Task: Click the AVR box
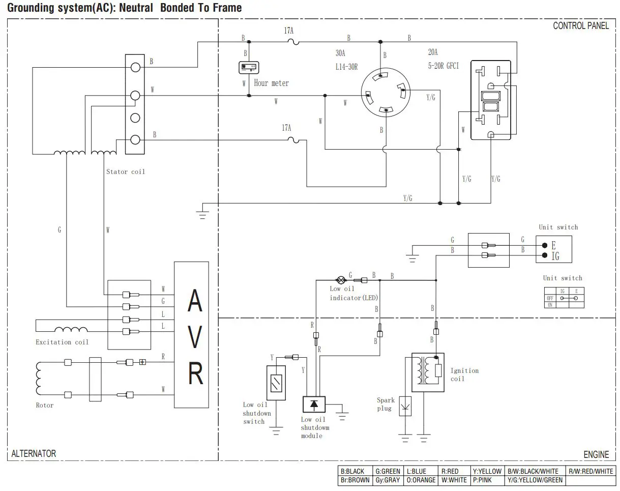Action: (x=191, y=334)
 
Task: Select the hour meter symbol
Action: (x=249, y=67)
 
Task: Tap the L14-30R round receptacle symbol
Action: (x=385, y=93)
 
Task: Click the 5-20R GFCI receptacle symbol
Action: (x=491, y=100)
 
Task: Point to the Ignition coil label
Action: (x=464, y=374)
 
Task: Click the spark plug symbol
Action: (x=405, y=406)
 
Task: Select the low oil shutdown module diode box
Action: (x=314, y=405)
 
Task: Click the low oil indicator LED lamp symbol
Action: (x=341, y=279)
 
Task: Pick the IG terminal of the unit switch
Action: (x=545, y=255)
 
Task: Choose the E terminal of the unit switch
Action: (x=545, y=245)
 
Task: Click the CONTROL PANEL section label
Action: (x=580, y=26)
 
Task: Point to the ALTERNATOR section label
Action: (x=34, y=453)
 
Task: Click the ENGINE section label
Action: (x=596, y=454)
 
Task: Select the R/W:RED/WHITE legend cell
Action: (x=591, y=471)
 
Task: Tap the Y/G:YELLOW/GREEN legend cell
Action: (x=535, y=480)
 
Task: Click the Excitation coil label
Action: (x=62, y=342)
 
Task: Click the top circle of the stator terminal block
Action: (x=135, y=67)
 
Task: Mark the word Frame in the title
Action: (x=225, y=8)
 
